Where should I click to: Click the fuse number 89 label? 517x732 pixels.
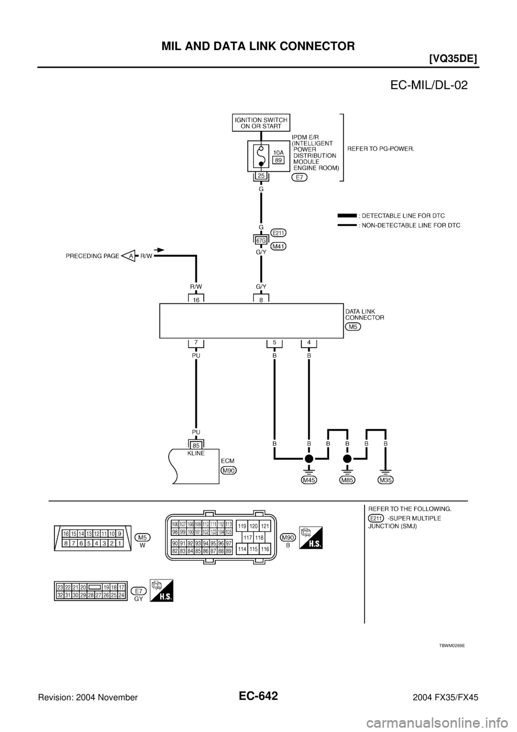278,160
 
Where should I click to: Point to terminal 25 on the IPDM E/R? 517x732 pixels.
261,176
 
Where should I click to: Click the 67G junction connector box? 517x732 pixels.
261,239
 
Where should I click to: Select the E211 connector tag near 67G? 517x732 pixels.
278,233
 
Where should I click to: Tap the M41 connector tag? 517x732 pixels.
278,246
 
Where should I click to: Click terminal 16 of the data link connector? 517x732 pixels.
196,300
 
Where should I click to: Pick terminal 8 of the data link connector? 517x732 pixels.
261,300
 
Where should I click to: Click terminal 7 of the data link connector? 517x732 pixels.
196,342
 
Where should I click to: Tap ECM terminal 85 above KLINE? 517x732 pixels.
196,446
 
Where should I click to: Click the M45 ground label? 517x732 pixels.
309,479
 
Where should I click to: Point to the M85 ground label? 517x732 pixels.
347,479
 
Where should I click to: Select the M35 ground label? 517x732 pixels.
386,479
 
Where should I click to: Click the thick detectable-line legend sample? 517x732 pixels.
347,215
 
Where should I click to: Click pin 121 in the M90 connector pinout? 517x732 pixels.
264,526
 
